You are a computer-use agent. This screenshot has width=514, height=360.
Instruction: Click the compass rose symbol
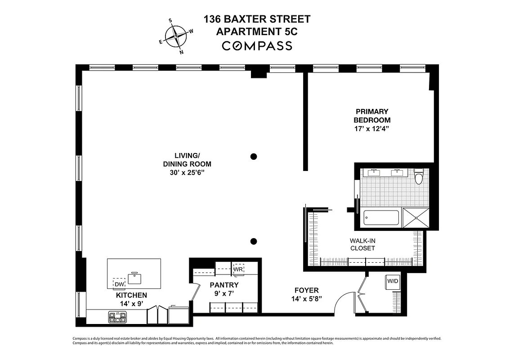tap(176, 36)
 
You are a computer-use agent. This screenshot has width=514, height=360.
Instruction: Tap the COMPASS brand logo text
tap(257, 46)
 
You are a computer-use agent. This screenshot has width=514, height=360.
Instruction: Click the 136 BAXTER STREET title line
tap(257, 19)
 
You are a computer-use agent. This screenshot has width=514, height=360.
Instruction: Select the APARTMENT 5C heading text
tap(257, 31)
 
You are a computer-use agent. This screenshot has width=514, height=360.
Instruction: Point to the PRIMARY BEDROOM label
tap(372, 116)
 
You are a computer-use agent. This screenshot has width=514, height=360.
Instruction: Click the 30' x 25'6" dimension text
tap(187, 172)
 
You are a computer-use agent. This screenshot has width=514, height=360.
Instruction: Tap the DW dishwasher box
tap(119, 284)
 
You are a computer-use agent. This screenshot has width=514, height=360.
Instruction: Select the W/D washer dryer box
tap(393, 281)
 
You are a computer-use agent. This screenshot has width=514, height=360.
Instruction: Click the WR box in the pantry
tap(238, 269)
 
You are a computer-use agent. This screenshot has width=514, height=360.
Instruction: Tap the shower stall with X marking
tap(416, 218)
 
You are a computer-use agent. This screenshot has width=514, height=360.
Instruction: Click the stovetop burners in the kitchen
tap(118, 317)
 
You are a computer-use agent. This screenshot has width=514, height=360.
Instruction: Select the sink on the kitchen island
tap(134, 278)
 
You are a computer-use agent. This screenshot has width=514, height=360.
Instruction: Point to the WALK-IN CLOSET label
tap(362, 244)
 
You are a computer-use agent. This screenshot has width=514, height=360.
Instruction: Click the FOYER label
tap(306, 291)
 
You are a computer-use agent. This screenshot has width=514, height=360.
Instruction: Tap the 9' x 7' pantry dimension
tap(223, 293)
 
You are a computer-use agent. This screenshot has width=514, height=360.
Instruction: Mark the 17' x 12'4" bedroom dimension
tap(372, 129)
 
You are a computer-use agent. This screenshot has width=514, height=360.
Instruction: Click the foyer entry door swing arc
tap(344, 299)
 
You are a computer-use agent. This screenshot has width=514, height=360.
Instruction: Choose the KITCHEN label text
tap(131, 295)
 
